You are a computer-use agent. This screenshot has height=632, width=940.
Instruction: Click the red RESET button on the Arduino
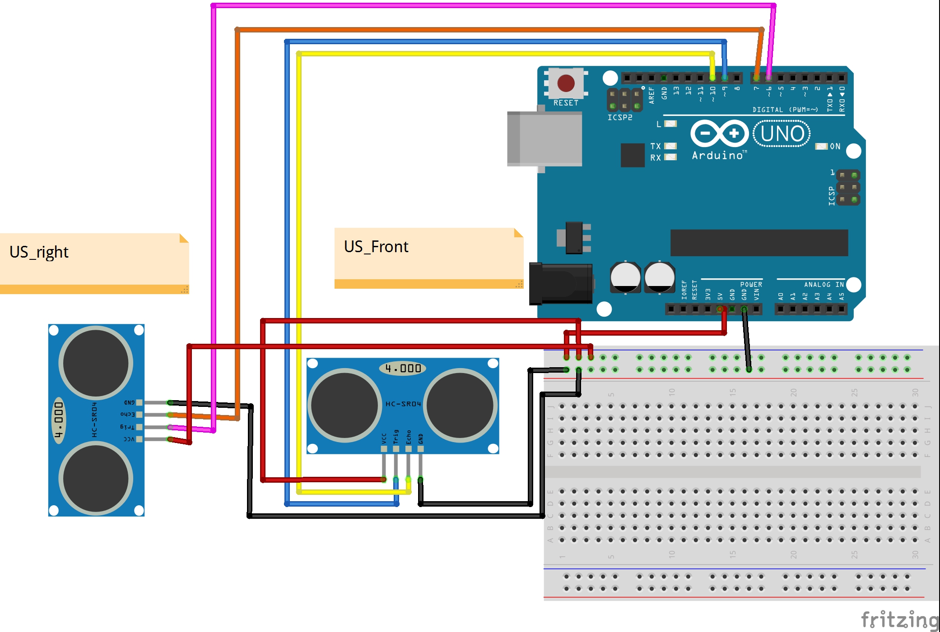[x=566, y=83]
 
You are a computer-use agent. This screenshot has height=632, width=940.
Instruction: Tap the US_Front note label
[x=376, y=247]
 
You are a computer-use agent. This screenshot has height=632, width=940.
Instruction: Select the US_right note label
[x=39, y=252]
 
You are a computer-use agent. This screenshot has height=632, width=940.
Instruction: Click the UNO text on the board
[x=782, y=134]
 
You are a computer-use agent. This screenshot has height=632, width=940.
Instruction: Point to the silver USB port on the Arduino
[x=544, y=139]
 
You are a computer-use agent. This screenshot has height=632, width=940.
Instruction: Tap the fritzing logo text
[x=899, y=619]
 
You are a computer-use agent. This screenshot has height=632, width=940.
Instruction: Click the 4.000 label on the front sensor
[x=403, y=368]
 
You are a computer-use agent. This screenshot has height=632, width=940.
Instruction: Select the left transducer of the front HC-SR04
[x=344, y=405]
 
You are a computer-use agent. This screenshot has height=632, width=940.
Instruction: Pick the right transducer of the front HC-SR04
[x=460, y=405]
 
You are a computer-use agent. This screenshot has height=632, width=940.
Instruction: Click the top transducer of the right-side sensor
[x=96, y=363]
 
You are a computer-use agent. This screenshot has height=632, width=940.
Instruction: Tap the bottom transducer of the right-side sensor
[x=96, y=478]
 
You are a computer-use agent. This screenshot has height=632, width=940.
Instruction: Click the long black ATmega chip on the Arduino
[x=759, y=243]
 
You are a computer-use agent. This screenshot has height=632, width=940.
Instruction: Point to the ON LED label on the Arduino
[x=835, y=146]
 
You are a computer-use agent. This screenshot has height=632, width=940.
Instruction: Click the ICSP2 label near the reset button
[x=619, y=117]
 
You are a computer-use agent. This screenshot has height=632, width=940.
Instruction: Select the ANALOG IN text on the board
[x=824, y=285]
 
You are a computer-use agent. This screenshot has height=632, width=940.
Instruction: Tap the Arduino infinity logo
[x=719, y=134]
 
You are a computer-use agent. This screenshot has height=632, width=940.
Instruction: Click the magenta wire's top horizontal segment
[x=492, y=5]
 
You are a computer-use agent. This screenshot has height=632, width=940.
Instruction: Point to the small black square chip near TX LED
[x=633, y=155]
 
